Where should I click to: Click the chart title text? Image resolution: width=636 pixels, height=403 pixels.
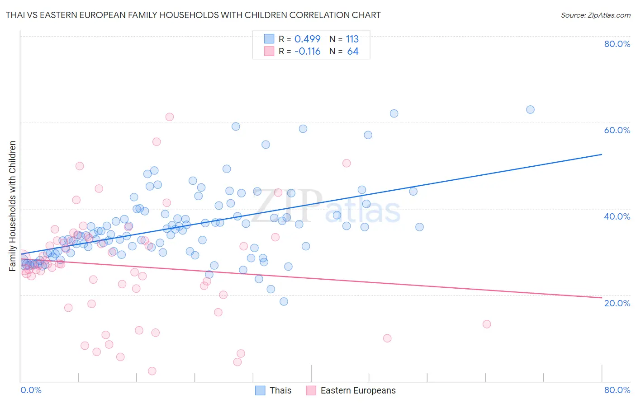(193, 15)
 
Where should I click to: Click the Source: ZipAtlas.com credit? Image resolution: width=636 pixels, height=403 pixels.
(595, 15)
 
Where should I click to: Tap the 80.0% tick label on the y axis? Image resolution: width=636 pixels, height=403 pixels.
(617, 44)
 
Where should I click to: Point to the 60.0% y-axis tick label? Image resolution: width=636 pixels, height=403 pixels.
(617, 130)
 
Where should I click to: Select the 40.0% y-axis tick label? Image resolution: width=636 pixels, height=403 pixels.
(617, 216)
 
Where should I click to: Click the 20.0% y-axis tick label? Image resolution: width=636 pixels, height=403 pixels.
(617, 303)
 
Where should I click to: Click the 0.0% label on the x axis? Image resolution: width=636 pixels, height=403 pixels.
(31, 390)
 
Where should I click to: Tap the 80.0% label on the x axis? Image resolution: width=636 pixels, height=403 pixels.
(617, 390)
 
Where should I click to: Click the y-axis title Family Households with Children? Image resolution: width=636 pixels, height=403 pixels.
(13, 206)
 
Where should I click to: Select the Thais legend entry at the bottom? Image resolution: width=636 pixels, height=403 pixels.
(280, 390)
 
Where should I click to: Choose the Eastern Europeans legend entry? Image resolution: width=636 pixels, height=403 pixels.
(358, 390)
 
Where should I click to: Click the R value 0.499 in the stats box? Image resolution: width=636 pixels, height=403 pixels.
(307, 39)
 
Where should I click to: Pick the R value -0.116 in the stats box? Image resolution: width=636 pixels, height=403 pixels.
(307, 52)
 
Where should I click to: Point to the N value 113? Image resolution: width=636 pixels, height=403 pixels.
(352, 39)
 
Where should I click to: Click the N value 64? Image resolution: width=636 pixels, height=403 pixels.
(353, 52)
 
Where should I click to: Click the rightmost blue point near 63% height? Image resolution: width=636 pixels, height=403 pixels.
(530, 109)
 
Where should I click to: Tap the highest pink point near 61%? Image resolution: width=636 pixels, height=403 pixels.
(170, 117)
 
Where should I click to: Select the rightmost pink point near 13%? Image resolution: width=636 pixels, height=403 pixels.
(487, 324)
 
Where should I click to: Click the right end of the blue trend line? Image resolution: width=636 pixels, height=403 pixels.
(602, 155)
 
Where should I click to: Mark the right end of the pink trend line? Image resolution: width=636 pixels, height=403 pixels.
(602, 297)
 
